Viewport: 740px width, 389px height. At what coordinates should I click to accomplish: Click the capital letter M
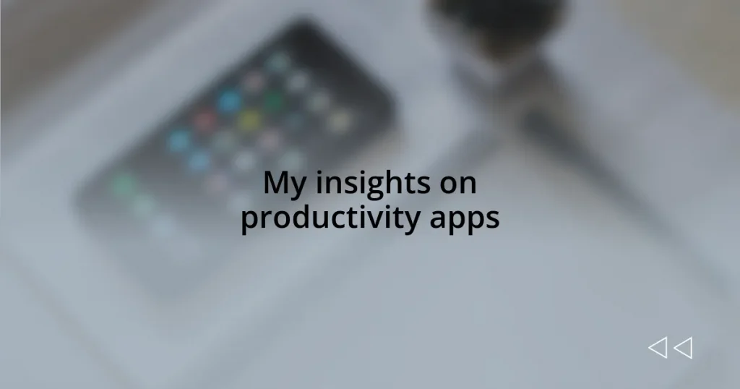click(273, 183)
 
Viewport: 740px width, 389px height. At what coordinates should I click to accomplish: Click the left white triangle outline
click(657, 349)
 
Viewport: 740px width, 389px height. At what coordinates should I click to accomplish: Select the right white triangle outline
click(683, 349)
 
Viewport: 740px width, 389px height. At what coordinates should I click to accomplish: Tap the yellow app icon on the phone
click(249, 119)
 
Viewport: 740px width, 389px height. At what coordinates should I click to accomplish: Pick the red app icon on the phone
click(205, 119)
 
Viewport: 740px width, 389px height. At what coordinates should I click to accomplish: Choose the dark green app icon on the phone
click(272, 99)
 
